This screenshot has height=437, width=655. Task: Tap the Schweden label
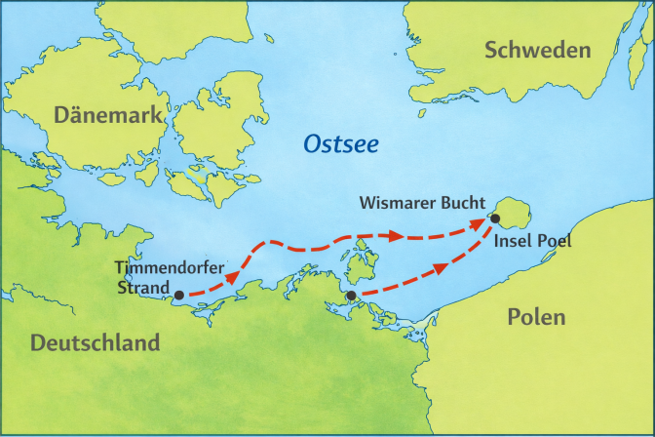coord(538,51)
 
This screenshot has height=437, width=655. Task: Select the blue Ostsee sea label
coord(341,143)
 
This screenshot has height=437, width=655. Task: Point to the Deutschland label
coord(95,343)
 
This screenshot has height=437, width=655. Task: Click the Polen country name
coord(536,317)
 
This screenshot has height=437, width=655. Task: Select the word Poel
coord(554,241)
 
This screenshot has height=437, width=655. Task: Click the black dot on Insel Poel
coord(495,218)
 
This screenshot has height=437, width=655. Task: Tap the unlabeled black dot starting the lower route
coord(351,296)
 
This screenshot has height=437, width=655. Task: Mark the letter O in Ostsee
coord(312,143)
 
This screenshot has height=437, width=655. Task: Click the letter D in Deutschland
coord(38,343)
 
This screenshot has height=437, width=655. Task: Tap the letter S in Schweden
coord(492,51)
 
